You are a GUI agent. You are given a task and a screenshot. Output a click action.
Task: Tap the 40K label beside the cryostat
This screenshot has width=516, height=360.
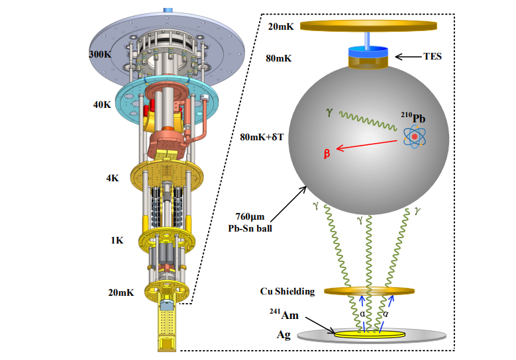coord(103,104)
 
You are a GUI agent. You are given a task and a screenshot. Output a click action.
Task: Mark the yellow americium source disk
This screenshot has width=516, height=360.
coord(368,335)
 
